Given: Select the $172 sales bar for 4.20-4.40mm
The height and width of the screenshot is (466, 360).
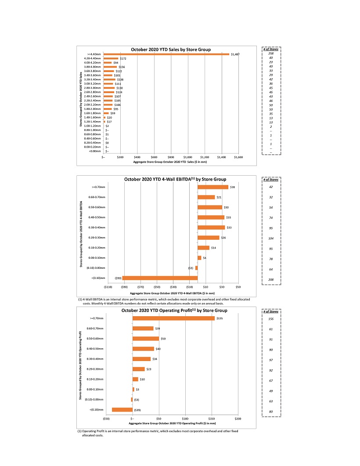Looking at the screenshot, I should click(x=111, y=58).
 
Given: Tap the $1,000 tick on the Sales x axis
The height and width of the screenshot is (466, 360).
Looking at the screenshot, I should click(x=188, y=156).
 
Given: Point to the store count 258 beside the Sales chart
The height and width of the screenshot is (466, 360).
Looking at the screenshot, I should click(x=271, y=54).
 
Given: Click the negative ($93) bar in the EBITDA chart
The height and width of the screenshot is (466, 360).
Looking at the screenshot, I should click(x=160, y=278).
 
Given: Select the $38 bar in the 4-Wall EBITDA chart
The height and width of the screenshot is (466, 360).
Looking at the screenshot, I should click(x=213, y=187).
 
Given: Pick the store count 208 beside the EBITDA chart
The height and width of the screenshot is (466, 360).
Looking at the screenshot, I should click(x=271, y=279).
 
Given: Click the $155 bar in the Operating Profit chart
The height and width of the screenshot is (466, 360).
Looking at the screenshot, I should click(x=173, y=318).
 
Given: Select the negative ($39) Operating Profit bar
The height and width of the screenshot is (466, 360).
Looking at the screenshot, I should click(x=122, y=410).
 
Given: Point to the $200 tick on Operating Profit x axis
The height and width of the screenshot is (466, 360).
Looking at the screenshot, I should click(x=238, y=419).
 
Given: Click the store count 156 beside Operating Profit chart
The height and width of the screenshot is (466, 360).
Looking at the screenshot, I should click(x=271, y=319).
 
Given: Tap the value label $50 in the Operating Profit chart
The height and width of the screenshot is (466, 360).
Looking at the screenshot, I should click(x=163, y=339).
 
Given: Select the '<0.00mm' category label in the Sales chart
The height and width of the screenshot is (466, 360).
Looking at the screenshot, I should click(x=95, y=151).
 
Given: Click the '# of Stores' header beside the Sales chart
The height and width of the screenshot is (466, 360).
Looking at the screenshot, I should click(x=271, y=49).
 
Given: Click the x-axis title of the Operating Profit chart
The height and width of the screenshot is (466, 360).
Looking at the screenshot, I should click(x=172, y=424).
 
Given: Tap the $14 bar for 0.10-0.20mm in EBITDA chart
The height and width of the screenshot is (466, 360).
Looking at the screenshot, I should click(x=203, y=248).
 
